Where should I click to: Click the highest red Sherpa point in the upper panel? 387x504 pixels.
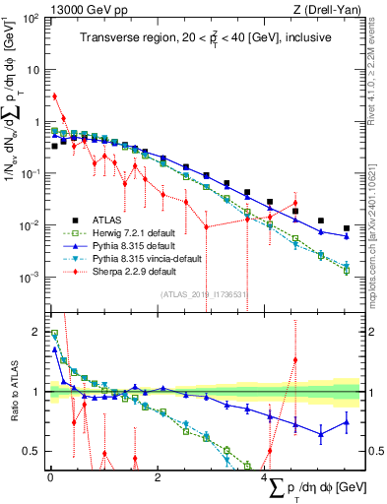pyautogui.click(x=55, y=96)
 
